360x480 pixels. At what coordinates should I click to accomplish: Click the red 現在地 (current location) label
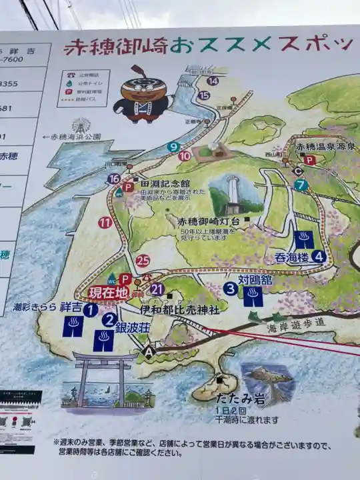pyautogui.click(x=105, y=292)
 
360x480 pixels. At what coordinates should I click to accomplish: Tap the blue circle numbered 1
pyautogui.click(x=91, y=309)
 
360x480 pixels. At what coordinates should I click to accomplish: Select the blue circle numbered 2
pyautogui.click(x=109, y=319)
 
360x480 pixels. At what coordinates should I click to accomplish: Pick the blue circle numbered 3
pyautogui.click(x=230, y=289)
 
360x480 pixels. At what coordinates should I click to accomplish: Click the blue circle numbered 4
pyautogui.click(x=318, y=256)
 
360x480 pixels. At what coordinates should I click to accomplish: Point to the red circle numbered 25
pyautogui.click(x=142, y=261)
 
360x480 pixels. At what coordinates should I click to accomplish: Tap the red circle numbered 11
pyautogui.click(x=105, y=223)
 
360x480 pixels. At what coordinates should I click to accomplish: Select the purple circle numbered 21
pyautogui.click(x=157, y=289)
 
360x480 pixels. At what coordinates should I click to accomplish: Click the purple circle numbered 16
pyautogui.click(x=113, y=179)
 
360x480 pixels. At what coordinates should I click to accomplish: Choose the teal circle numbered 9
pyautogui.click(x=174, y=147)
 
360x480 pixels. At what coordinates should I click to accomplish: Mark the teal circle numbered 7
pyautogui.click(x=301, y=185)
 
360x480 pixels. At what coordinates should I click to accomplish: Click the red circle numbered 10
pyautogui.click(x=185, y=156)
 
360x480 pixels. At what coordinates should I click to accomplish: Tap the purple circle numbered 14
pyautogui.click(x=212, y=81)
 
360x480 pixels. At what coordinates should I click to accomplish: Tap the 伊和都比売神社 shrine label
pyautogui.click(x=179, y=309)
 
